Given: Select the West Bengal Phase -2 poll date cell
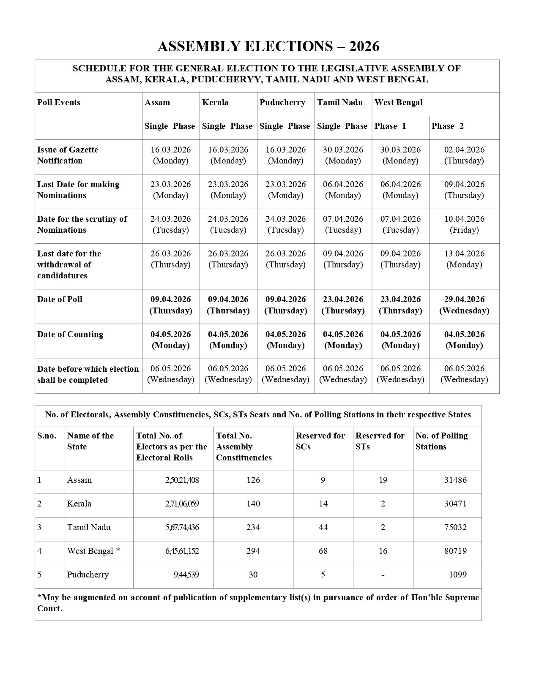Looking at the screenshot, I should coord(464,305).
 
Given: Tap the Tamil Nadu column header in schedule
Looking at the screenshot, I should coord(340,103).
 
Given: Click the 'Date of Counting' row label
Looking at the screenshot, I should coord(70,334).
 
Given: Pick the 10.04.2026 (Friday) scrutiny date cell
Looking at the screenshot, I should coord(464,224).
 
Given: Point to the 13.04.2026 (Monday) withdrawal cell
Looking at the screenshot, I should coord(464,259).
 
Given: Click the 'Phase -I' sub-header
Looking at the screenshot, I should coord(390,126).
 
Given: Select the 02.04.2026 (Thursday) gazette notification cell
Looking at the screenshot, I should coord(464,155).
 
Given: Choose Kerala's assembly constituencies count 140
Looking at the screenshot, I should coord(253,504).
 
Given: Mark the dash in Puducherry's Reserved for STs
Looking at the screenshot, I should coord(383,575).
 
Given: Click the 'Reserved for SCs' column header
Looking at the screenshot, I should coord(320,441).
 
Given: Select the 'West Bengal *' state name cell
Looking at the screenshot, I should coord(93,551).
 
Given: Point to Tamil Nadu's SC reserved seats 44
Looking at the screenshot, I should coord(323,528).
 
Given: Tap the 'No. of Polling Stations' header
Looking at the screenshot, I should coord(441,441).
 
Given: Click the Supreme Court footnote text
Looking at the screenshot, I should coord(258,603).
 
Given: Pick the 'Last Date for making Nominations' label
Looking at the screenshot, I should coord(78,190).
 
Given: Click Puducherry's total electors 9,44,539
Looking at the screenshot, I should coord(186,575).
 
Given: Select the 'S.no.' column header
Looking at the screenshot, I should coord(47,436).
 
